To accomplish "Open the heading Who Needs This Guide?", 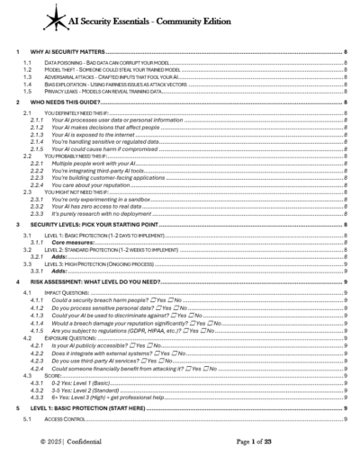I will pyautogui.click(x=67, y=103).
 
